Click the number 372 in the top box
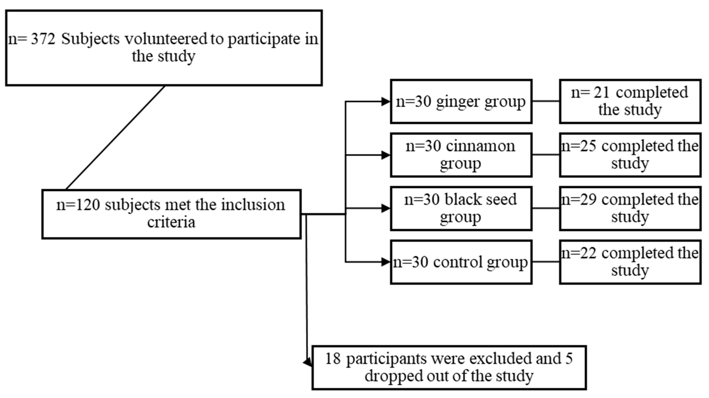pyautogui.click(x=43, y=39)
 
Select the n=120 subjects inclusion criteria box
pyautogui.click(x=171, y=214)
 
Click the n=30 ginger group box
pyautogui.click(x=461, y=101)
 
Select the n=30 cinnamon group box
pyautogui.click(x=461, y=155)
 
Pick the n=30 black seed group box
pyautogui.click(x=461, y=208)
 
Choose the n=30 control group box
pyautogui.click(x=461, y=262)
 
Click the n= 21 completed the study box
pyautogui.click(x=630, y=101)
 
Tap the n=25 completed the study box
pyautogui.click(x=630, y=155)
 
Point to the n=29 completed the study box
pyautogui.click(x=630, y=208)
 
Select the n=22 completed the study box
pyautogui.click(x=630, y=262)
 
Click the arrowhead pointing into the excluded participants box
pyautogui.click(x=308, y=363)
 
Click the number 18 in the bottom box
pyautogui.click(x=333, y=359)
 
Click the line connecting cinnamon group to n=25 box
pyautogui.click(x=545, y=155)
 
